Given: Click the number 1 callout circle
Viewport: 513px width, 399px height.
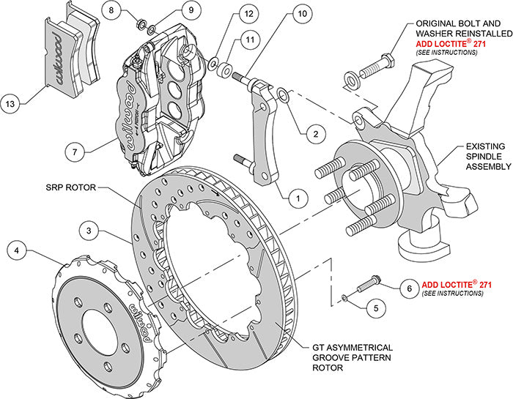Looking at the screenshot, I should [298, 196].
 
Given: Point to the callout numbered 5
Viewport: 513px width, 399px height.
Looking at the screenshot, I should [377, 308].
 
